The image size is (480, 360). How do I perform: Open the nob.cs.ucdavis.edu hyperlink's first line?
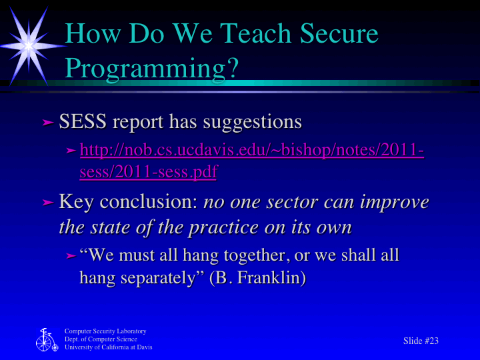[251, 151]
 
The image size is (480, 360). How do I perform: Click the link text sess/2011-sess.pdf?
[148, 172]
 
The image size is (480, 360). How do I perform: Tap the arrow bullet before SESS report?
[47, 123]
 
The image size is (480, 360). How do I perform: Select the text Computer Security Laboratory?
[105, 331]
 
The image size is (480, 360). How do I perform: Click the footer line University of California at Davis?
[108, 347]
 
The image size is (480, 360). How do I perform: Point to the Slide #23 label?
[421, 341]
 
